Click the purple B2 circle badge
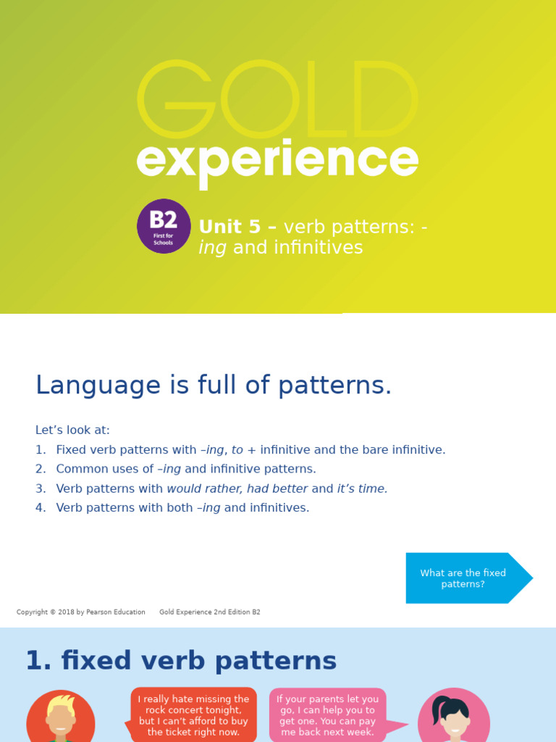tap(164, 226)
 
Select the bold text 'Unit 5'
tap(229, 227)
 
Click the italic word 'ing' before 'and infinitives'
tap(212, 248)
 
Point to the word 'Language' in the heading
tap(88, 385)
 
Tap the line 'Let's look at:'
tap(72, 430)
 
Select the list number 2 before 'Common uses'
tap(40, 469)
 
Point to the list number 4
tap(40, 508)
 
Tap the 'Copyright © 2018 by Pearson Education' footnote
tap(80, 612)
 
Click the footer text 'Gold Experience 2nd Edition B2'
tap(209, 612)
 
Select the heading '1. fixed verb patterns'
tap(181, 661)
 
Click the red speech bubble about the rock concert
tap(193, 715)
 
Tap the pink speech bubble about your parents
tap(327, 715)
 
